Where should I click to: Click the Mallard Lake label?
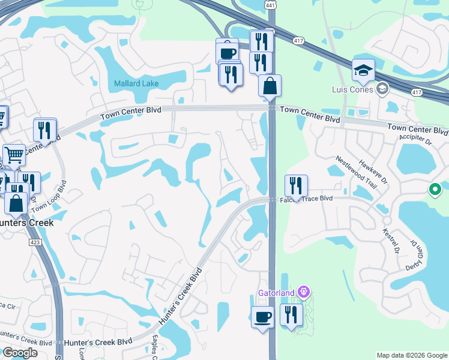(136, 83)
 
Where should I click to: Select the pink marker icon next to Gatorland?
(304, 292)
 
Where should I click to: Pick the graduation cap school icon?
(363, 71)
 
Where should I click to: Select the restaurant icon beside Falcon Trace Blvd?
(296, 186)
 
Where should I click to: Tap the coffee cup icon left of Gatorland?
(262, 316)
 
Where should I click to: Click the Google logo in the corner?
(20, 353)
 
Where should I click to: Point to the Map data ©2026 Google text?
(412, 355)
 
